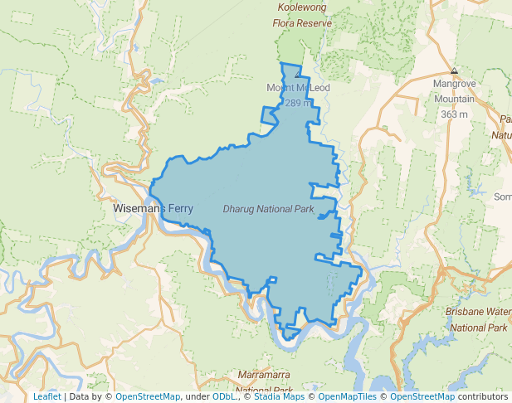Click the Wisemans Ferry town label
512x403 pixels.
point(153,210)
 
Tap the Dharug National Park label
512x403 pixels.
point(268,209)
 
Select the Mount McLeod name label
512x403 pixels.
point(297,88)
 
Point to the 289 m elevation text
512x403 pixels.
point(298,103)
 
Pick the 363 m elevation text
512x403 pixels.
point(454,114)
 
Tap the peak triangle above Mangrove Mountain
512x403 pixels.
point(454,71)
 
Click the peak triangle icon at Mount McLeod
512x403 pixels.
point(298,75)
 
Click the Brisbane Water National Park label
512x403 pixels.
point(477,319)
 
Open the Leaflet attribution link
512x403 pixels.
point(46,396)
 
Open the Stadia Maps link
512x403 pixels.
point(279,396)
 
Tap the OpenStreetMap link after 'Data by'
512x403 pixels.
point(148,396)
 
